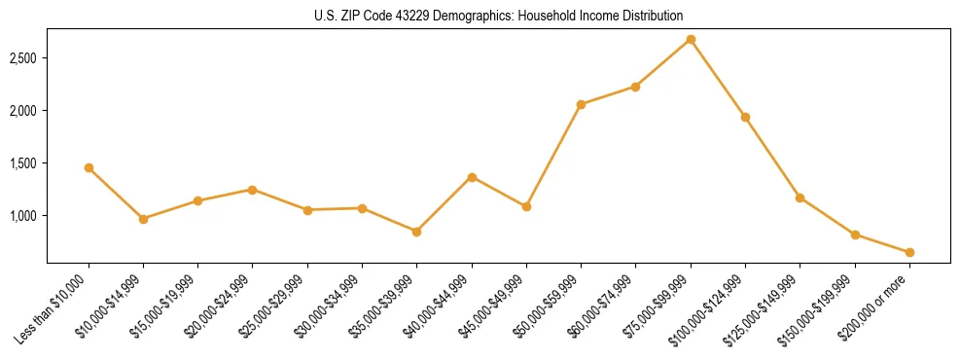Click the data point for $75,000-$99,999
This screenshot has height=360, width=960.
691,39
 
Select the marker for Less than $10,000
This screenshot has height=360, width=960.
89,167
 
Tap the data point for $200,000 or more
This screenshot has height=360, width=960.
909,252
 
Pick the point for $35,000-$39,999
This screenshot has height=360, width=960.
417,232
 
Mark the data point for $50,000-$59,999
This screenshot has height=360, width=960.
581,104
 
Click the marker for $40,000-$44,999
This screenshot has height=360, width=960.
472,177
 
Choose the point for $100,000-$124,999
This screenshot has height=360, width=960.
745,117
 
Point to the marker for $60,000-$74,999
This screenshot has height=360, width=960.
635,87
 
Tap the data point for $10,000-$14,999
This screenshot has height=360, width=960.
143,219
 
